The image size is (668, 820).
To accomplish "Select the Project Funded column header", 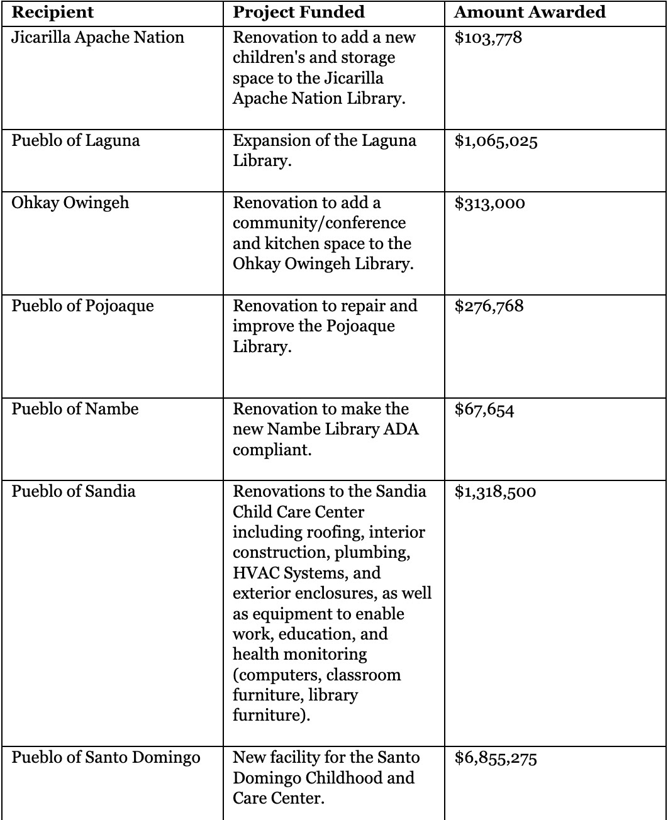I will coord(299,12).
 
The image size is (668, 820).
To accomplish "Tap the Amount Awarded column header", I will coord(530,12).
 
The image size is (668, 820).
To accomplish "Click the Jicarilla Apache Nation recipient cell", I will coord(98,37).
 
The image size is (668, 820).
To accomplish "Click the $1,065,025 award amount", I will coord(496,140).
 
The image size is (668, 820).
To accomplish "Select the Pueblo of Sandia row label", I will coord(74,491).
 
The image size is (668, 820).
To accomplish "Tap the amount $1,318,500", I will coord(495,491).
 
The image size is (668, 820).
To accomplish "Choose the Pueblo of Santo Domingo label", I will coord(106,758).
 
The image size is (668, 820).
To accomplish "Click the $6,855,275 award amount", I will coord(496,758).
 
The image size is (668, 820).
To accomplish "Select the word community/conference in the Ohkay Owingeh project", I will coord(320,224).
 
